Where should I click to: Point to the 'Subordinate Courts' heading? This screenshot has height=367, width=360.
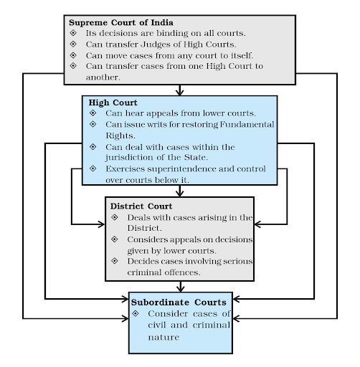pos(179,302)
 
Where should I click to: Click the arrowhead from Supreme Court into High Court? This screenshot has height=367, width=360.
pos(180,91)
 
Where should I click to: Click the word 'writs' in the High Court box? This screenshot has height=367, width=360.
pos(155,124)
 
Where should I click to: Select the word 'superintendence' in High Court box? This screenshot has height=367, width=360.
pos(170,168)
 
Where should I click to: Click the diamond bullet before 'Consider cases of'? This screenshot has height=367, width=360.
pos(136,314)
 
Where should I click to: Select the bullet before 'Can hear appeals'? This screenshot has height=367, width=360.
pos(92,113)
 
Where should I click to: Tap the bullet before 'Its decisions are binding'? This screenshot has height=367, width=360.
pos(72,34)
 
